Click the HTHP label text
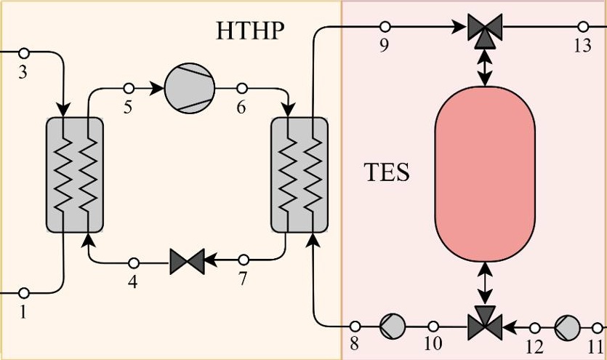pyautogui.click(x=249, y=31)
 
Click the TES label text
pyautogui.click(x=386, y=174)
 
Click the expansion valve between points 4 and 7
pyautogui.click(x=188, y=260)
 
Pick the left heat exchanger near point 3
pyautogui.click(x=75, y=174)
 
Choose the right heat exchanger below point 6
pyautogui.click(x=300, y=174)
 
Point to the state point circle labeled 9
pyautogui.click(x=385, y=27)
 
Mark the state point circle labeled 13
pyautogui.click(x=583, y=27)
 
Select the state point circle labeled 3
pyautogui.click(x=23, y=52)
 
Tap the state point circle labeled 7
pyautogui.click(x=244, y=260)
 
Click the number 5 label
pyautogui.click(x=128, y=108)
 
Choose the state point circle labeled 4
pyautogui.click(x=133, y=262)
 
